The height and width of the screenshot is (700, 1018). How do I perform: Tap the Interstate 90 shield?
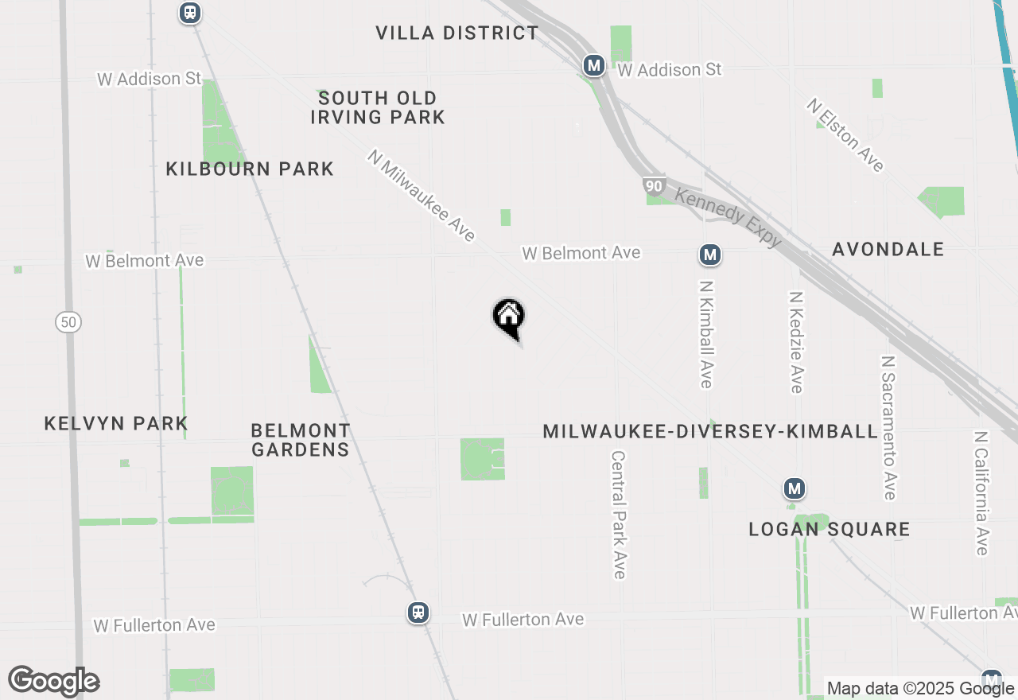coord(654,186)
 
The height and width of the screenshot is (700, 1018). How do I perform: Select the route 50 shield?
coord(69,322)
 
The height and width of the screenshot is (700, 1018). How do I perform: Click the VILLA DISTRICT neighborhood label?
coord(457,33)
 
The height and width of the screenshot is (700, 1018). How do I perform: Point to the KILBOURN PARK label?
coord(250,169)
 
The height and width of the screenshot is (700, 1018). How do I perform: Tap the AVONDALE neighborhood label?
coord(888,249)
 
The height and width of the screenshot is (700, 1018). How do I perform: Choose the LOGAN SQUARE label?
coord(830,529)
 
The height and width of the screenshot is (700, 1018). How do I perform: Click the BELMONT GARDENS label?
coord(301,440)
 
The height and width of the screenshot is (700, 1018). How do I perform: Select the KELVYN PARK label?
coord(116,423)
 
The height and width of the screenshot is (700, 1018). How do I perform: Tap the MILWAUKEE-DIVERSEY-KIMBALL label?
coord(710,431)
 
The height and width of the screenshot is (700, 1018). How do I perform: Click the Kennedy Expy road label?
coord(728,217)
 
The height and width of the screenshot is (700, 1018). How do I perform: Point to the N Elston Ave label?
coord(845,135)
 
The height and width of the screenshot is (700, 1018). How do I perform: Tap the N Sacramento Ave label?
coord(888,427)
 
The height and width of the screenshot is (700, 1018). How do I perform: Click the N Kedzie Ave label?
coord(795,341)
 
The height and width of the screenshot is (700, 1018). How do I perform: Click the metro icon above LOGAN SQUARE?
coord(794,488)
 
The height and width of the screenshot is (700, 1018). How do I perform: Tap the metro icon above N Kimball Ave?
coord(710,255)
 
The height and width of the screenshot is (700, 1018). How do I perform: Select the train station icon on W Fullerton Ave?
coord(418,612)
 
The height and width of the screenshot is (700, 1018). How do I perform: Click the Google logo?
coord(53,681)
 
